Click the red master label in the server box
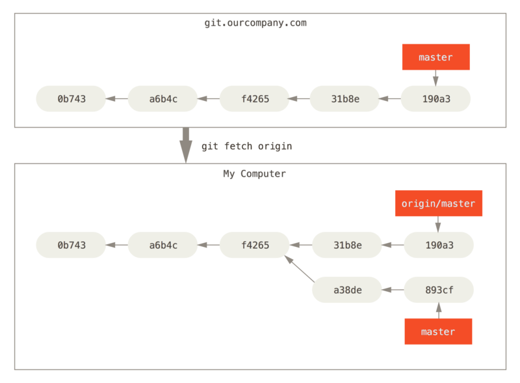tap(435, 57)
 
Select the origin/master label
tap(438, 204)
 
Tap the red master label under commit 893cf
tap(438, 332)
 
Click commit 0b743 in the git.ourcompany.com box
tap(71, 99)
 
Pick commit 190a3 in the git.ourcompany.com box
tap(435, 99)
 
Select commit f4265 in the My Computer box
tap(255, 245)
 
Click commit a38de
tap(347, 290)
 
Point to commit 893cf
tap(439, 290)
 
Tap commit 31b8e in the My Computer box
tap(347, 245)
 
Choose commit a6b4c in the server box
tap(163, 99)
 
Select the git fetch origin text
tap(246, 147)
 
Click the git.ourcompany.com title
tap(255, 23)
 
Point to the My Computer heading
tap(254, 174)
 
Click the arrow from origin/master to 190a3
tap(437, 224)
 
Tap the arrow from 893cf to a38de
tap(393, 290)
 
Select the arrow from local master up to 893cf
tap(438, 311)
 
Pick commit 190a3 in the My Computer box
tap(439, 245)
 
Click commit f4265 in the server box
tap(255, 99)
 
